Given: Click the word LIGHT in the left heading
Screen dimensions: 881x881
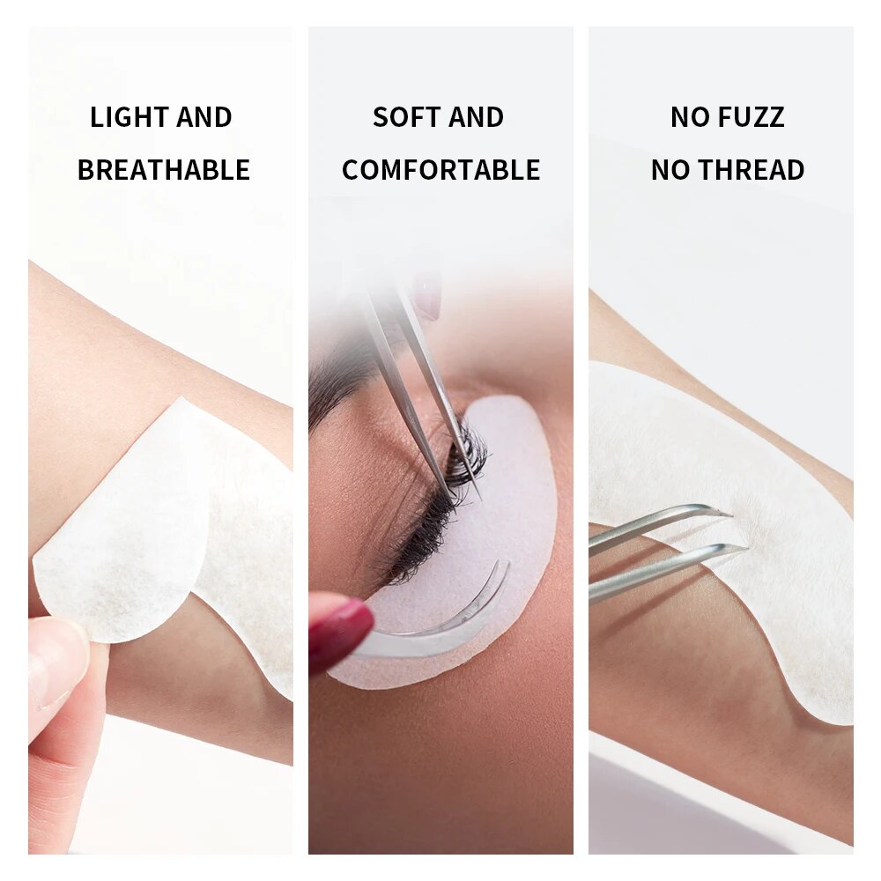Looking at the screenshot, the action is [129, 117].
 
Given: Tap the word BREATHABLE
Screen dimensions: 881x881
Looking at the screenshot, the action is [164, 170].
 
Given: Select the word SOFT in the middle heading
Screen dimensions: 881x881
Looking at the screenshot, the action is [403, 117].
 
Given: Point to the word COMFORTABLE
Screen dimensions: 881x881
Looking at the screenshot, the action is [441, 170].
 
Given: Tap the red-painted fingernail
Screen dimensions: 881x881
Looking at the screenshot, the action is [339, 625].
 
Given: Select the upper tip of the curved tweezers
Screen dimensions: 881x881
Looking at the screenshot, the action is [731, 514].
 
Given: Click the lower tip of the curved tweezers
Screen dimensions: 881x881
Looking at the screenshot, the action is [746, 547].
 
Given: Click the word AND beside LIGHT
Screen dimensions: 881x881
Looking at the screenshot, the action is [204, 117].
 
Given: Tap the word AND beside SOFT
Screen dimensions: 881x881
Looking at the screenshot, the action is [476, 117].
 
